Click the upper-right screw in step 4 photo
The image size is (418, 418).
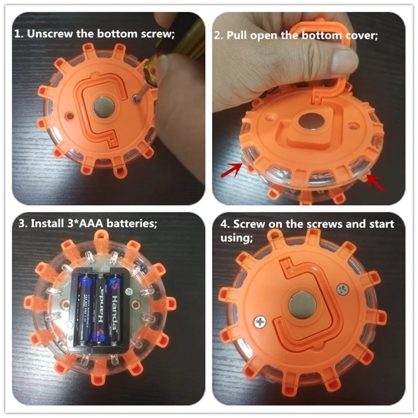[x=342, y=288]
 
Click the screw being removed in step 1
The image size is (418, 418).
[x=135, y=97]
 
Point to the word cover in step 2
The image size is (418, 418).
[x=359, y=35]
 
